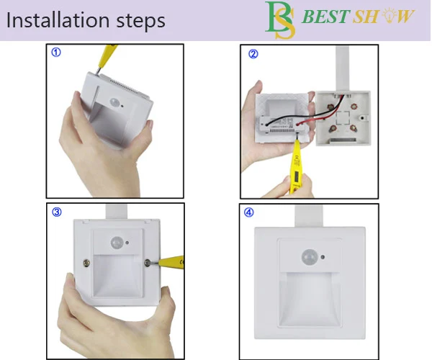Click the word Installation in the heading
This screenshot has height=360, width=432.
(58, 20)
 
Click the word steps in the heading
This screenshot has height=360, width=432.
(141, 21)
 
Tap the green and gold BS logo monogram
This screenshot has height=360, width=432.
(280, 20)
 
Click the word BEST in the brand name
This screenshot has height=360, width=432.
(326, 17)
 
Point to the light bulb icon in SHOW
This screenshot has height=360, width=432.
(390, 16)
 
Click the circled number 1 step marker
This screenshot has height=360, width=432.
(56, 53)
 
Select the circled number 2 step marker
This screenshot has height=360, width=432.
(253, 54)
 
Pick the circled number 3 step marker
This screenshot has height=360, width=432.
(57, 212)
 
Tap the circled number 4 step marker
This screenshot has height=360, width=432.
(249, 212)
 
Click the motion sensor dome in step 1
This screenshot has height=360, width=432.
(114, 102)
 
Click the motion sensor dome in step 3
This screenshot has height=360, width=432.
(117, 243)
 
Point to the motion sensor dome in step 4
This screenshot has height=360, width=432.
(310, 257)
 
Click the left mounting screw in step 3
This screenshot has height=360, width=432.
(86, 263)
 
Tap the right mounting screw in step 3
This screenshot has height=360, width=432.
(148, 263)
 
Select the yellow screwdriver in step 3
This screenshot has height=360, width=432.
(170, 262)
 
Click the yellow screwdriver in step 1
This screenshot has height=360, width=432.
(107, 58)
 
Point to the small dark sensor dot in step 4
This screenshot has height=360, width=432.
(323, 257)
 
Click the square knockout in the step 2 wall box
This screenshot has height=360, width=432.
(343, 117)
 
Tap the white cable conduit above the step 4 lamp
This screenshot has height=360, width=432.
(309, 216)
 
